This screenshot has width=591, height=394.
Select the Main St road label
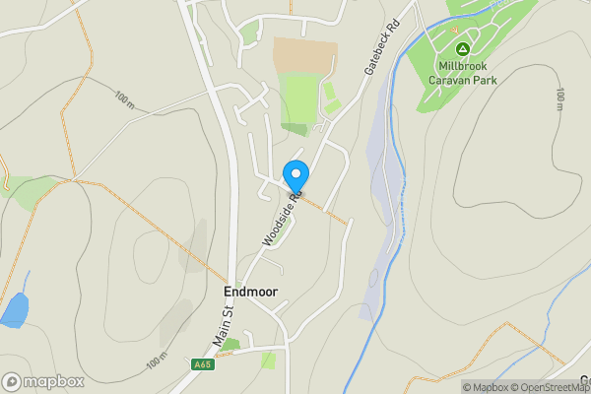(223, 325)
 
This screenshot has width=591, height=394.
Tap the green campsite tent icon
(460, 48)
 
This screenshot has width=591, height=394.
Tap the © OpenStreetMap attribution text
(553, 387)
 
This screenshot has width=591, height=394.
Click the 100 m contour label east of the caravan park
(559, 98)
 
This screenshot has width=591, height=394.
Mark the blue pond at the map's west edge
(14, 310)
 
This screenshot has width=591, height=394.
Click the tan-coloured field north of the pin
(304, 55)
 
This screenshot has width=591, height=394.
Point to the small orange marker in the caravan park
(455, 30)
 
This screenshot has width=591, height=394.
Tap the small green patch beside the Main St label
(230, 344)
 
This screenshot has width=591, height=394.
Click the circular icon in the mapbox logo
(12, 381)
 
